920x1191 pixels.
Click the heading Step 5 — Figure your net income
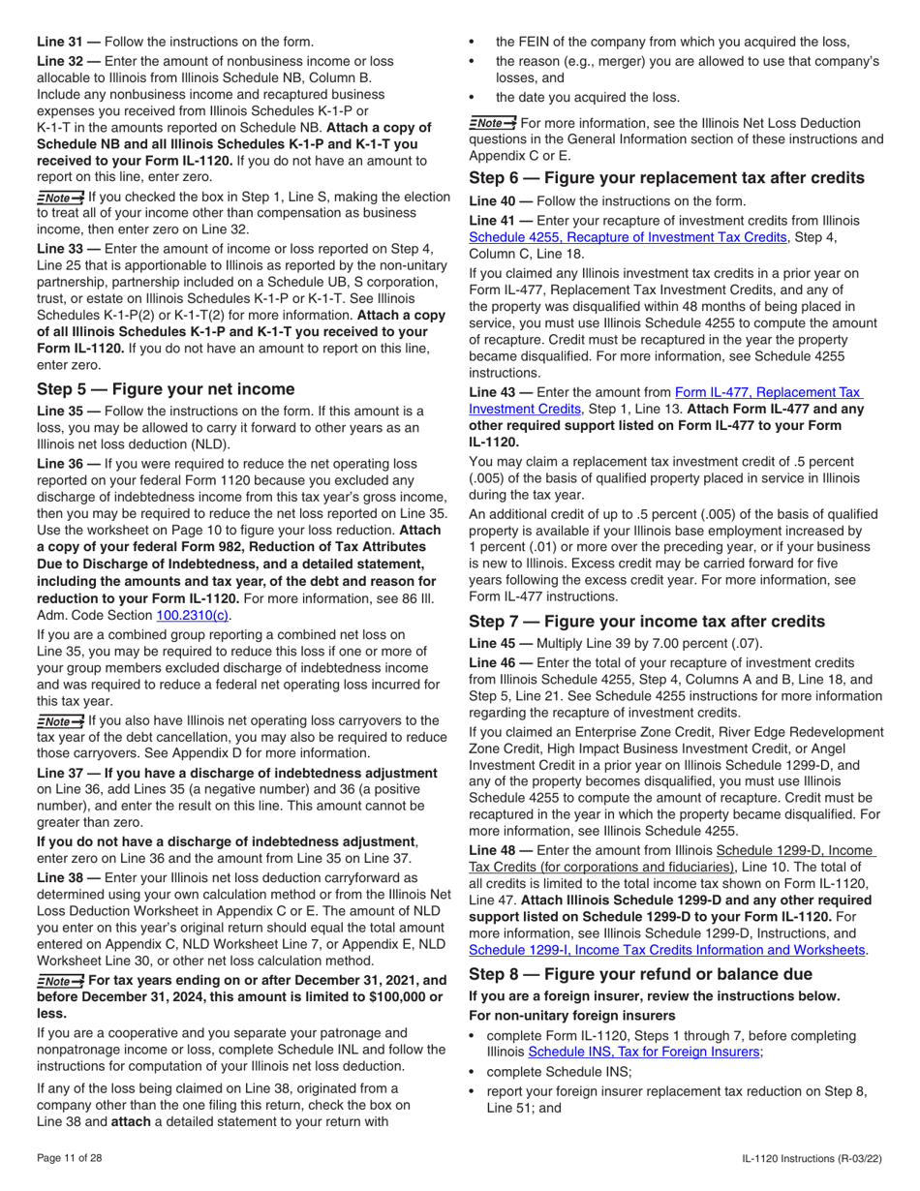point(166,388)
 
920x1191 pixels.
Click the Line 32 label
point(67,59)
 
